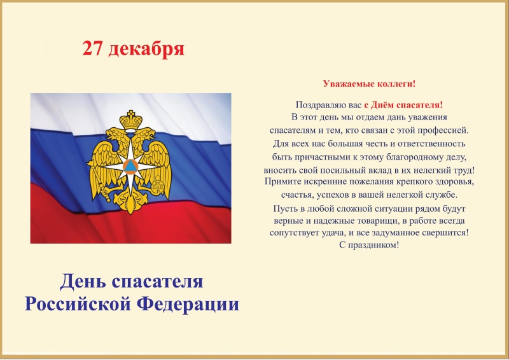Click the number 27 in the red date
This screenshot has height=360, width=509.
[x=92, y=49]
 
